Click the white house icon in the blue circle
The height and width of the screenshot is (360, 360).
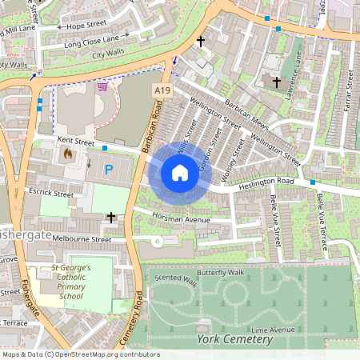(180, 172)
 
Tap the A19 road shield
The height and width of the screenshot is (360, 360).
(162, 92)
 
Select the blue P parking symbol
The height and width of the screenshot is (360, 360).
(109, 170)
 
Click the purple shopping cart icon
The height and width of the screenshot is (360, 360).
(102, 86)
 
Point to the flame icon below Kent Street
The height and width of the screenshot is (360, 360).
(68, 153)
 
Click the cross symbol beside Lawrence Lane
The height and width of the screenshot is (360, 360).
(277, 82)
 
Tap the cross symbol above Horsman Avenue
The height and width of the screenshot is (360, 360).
(111, 217)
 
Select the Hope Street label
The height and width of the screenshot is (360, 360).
(86, 26)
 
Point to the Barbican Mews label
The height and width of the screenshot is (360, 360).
(246, 114)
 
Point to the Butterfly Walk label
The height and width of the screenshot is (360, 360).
(220, 273)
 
